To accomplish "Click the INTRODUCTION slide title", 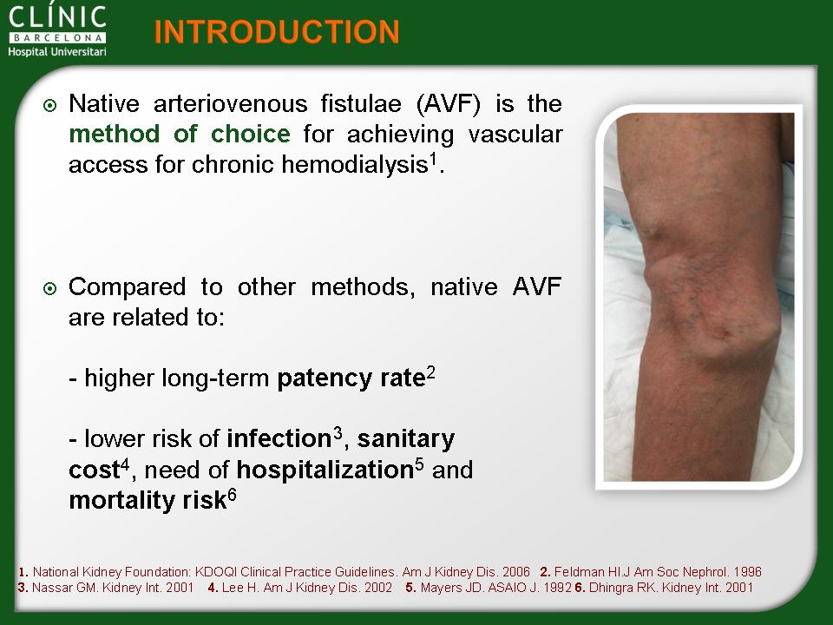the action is tap(277, 32).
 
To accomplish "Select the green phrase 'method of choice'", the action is tap(180, 134).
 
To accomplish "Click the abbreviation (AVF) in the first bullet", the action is tap(448, 103).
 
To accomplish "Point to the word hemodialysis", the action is tap(354, 164).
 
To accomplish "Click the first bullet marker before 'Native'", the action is tap(49, 105).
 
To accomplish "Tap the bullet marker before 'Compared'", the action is tap(49, 288).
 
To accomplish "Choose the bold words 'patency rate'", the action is tap(351, 379).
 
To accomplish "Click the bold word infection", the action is tap(279, 439).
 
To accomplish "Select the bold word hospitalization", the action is tap(325, 470).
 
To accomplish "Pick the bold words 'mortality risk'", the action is tap(148, 501).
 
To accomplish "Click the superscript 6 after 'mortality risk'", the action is tap(232, 497).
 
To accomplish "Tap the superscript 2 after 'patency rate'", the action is tap(430, 373).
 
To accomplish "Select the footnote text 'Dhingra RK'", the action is tap(621, 588).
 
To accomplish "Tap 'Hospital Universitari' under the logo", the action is tap(57, 51).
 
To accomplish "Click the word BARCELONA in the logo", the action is tap(57, 37).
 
